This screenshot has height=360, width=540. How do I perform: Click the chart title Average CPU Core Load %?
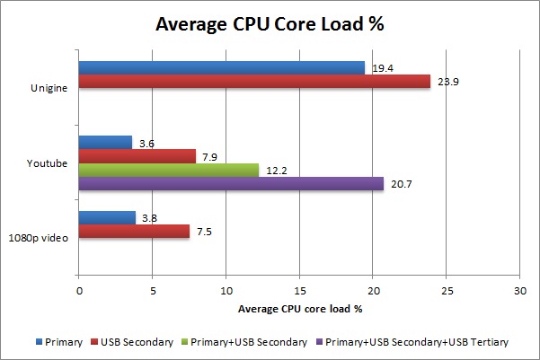[x=270, y=24]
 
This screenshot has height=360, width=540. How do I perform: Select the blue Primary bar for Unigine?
[x=222, y=67]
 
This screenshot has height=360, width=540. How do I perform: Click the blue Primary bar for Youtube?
[x=105, y=142]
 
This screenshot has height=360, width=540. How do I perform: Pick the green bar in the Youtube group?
[x=168, y=170]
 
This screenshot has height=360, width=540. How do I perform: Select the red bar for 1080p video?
[x=134, y=231]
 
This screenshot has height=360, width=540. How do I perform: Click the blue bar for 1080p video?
[x=107, y=217]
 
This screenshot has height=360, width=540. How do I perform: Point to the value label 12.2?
[x=274, y=170]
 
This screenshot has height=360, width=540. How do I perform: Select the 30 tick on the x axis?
[x=519, y=291]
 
